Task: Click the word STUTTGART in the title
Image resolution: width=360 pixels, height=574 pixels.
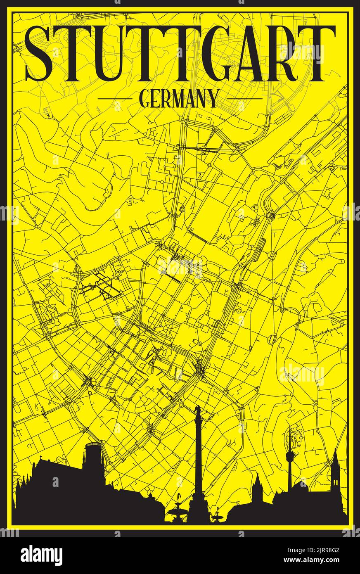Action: [x=180, y=54]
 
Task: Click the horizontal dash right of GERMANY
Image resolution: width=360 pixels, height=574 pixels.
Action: [x=244, y=99]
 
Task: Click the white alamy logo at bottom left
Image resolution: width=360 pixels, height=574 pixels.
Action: [x=41, y=555]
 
